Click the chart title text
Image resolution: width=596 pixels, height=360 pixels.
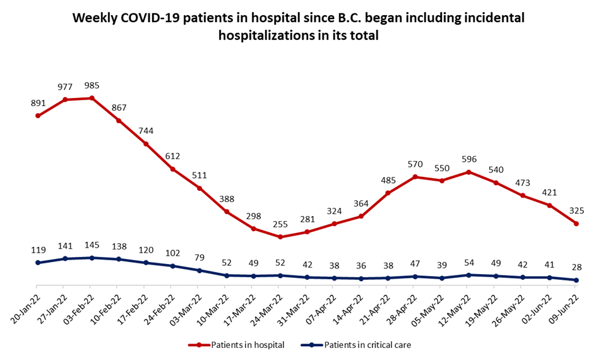click(x=298, y=27)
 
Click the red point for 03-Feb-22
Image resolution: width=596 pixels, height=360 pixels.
click(x=92, y=98)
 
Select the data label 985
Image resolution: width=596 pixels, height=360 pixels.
click(x=92, y=85)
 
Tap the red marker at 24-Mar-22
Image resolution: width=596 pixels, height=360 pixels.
click(x=280, y=237)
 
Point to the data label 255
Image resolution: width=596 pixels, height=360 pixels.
click(x=280, y=224)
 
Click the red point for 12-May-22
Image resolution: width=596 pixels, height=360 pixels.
click(x=468, y=172)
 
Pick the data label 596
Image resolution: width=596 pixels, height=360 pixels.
click(x=468, y=159)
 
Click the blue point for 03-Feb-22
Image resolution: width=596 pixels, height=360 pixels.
click(x=92, y=258)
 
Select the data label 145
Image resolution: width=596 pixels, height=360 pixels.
click(x=92, y=245)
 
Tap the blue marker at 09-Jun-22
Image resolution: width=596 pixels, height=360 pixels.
click(x=576, y=280)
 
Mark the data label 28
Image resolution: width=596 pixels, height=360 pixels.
click(x=576, y=267)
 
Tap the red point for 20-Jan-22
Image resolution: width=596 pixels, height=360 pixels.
click(x=38, y=116)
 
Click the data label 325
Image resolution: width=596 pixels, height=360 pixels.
click(x=576, y=210)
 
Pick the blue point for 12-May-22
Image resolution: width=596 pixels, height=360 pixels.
click(x=468, y=275)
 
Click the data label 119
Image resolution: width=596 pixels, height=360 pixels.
click(x=38, y=249)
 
